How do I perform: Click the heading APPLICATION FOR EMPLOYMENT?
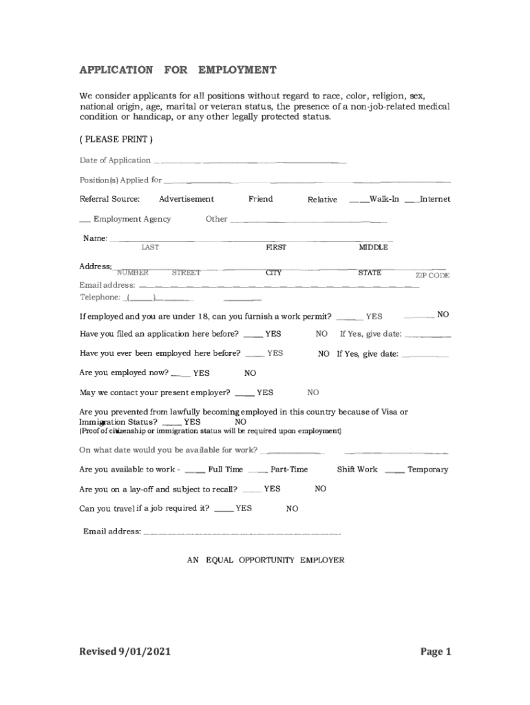[178, 70]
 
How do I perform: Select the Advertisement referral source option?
[186, 199]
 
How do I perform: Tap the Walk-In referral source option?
[383, 199]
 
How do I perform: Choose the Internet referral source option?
[434, 199]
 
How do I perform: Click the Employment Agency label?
[131, 219]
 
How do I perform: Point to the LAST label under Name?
[150, 247]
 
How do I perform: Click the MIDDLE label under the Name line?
[373, 247]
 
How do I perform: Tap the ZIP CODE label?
[432, 275]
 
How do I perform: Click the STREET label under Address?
[186, 273]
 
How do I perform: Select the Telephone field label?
[100, 297]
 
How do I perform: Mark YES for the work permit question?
[374, 317]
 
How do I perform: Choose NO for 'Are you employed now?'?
[250, 373]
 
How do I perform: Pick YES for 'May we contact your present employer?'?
[264, 392]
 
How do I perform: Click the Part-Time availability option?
[288, 470]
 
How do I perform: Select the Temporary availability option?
[427, 470]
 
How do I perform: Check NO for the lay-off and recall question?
[320, 489]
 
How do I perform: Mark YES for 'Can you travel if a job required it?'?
[243, 508]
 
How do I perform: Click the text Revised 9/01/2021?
[125, 651]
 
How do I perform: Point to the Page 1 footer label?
[435, 651]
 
